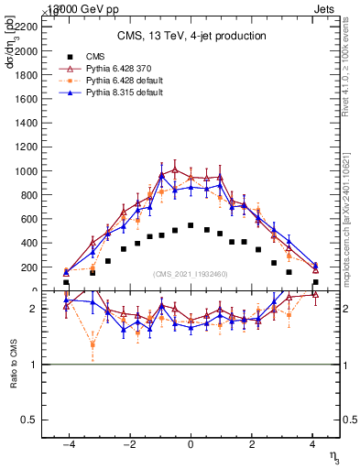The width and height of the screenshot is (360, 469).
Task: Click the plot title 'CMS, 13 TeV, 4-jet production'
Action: click(191, 36)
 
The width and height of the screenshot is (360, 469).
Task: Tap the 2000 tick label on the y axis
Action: click(27, 52)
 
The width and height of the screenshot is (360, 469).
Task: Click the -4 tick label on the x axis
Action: click(68, 445)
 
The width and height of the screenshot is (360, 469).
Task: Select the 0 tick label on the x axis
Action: click(191, 445)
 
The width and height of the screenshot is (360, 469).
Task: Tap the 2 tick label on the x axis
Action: click(252, 445)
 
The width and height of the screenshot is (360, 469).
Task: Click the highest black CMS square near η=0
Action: click(191, 225)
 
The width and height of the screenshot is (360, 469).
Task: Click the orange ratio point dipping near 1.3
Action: click(93, 345)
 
